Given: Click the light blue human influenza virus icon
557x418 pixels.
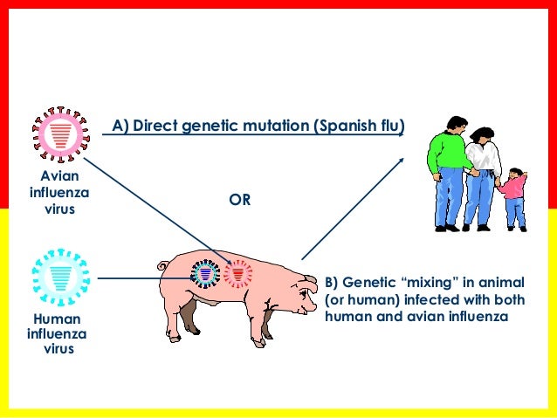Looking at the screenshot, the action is [61, 276].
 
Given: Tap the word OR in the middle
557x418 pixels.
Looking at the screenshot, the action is [240, 200].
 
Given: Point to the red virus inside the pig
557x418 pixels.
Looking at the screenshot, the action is [237, 274].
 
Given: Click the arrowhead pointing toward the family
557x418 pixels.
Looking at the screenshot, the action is [402, 160].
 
